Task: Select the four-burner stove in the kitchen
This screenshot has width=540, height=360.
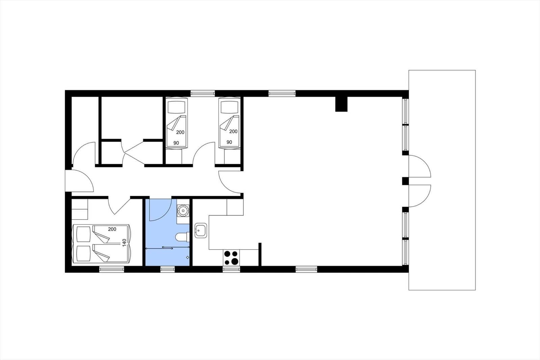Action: pos(231,258)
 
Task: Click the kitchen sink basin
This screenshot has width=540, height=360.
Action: pos(200,230)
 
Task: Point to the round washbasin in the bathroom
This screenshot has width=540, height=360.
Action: pos(183,211)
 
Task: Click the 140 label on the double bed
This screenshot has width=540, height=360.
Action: pos(124,242)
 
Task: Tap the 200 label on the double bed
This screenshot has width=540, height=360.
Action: pos(112,229)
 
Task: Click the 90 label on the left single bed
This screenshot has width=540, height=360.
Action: pos(176,143)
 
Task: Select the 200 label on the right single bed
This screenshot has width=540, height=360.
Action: pos(233,131)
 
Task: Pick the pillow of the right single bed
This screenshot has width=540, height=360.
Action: pos(230,107)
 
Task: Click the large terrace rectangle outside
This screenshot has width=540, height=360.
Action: pos(442,180)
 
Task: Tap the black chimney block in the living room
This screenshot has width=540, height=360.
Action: pos(341,104)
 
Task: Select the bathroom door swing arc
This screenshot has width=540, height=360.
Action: pos(160,210)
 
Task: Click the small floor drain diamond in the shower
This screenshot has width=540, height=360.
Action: pos(188,257)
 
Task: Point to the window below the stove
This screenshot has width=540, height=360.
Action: pos(231,269)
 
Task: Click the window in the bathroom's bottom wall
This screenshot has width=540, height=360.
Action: pos(167,269)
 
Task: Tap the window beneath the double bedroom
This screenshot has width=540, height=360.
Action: pos(112,269)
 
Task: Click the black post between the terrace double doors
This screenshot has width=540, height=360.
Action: pos(405,181)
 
